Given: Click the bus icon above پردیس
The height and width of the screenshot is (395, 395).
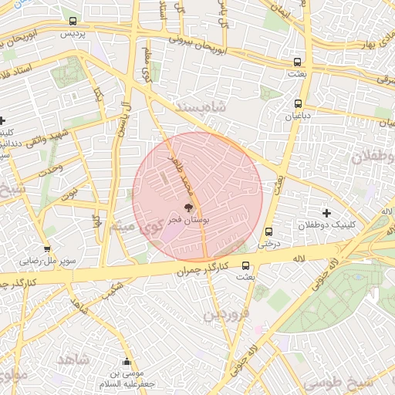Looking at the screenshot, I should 73,22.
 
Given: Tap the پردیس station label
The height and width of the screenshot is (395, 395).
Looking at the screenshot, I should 72,35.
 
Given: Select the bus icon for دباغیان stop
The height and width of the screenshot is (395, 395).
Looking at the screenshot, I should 298,103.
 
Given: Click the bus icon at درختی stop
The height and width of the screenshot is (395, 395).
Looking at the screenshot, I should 268,231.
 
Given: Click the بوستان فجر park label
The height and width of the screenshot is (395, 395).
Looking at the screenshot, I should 188,220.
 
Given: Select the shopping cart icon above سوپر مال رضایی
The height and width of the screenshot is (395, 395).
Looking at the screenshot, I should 48,248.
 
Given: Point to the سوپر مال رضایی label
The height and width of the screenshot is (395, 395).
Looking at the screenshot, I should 49,262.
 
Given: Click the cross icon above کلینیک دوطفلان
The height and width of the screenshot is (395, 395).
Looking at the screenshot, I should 326,213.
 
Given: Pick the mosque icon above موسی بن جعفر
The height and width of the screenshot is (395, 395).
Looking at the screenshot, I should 127,361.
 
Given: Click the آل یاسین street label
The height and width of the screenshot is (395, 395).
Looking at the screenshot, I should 120,119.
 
